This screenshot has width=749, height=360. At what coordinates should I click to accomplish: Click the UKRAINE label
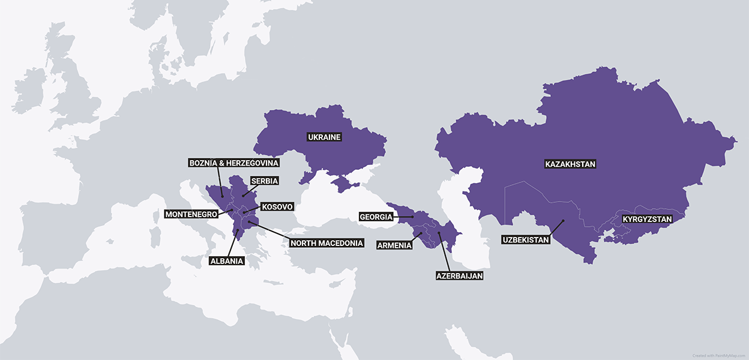pos(324,137)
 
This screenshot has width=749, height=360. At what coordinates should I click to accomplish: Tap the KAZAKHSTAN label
pos(570,164)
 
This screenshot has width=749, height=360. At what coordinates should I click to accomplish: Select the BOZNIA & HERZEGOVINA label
pos(234,163)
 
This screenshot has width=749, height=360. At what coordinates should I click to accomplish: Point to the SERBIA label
pos(265,181)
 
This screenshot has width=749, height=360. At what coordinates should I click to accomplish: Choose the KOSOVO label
pos(277,207)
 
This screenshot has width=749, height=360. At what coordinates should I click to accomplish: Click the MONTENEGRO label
pos(191,214)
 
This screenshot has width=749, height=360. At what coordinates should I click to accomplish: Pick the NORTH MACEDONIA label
pos(326,243)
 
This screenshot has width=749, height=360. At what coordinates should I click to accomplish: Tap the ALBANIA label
pos(226,261)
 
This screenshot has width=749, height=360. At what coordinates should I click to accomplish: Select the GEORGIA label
pos(376,217)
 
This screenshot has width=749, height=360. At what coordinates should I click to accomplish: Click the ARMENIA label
pos(394,245)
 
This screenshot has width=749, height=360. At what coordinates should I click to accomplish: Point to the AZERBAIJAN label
pos(459,276)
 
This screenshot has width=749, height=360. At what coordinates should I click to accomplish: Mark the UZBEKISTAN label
pos(526,240)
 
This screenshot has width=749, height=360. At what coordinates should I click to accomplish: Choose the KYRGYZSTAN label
pos(647,219)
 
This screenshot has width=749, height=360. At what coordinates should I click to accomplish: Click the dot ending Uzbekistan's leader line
pos(564,221)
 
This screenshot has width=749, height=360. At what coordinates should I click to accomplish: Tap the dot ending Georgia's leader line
pos(412,217)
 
